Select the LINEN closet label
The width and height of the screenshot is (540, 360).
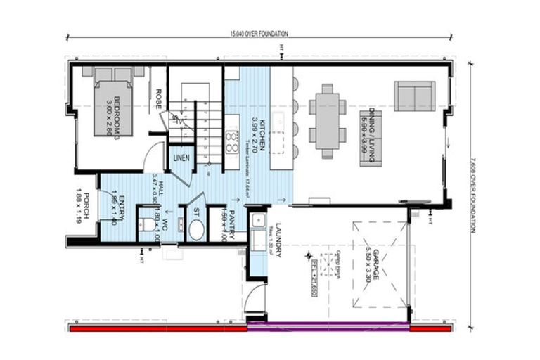click(180, 157)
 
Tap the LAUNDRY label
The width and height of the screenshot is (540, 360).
click(278, 240)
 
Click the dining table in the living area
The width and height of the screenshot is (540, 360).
click(328, 121)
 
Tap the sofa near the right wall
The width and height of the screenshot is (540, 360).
click(414, 96)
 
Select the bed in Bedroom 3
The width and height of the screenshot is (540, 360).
click(112, 102)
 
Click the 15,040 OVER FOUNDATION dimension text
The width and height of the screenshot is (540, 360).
click(259, 34)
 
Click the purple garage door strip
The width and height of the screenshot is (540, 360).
click(328, 327)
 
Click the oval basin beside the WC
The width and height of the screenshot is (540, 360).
click(195, 229)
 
